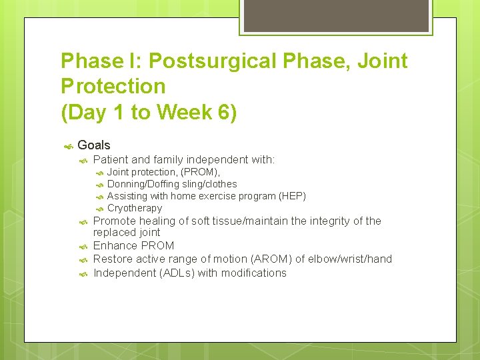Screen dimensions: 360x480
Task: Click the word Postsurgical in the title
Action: (211, 61)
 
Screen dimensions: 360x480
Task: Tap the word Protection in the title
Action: (113, 87)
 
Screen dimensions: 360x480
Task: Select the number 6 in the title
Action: (224, 113)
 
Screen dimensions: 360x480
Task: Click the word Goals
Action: (94, 145)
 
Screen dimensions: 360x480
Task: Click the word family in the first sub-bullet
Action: (167, 159)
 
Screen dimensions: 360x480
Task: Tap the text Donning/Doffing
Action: (143, 184)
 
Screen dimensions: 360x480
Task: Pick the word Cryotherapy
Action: (135, 208)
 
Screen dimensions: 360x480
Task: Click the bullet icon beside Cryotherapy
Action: (99, 209)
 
